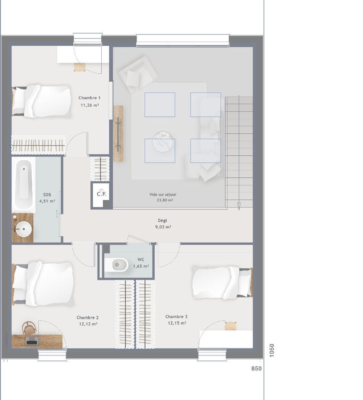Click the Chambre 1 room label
(x=89, y=98)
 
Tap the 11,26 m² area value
(x=89, y=105)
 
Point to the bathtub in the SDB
(x=24, y=184)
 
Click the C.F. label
(x=101, y=194)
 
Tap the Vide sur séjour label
(x=163, y=195)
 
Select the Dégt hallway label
(x=163, y=220)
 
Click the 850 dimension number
(x=256, y=368)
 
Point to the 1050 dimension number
(x=272, y=351)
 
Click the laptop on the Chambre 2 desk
(x=32, y=340)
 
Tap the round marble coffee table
(x=163, y=142)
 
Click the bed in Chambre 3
(x=221, y=282)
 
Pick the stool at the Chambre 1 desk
(x=79, y=67)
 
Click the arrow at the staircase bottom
(x=239, y=206)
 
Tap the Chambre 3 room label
(x=176, y=317)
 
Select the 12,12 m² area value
(x=87, y=324)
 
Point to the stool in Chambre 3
(x=231, y=326)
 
